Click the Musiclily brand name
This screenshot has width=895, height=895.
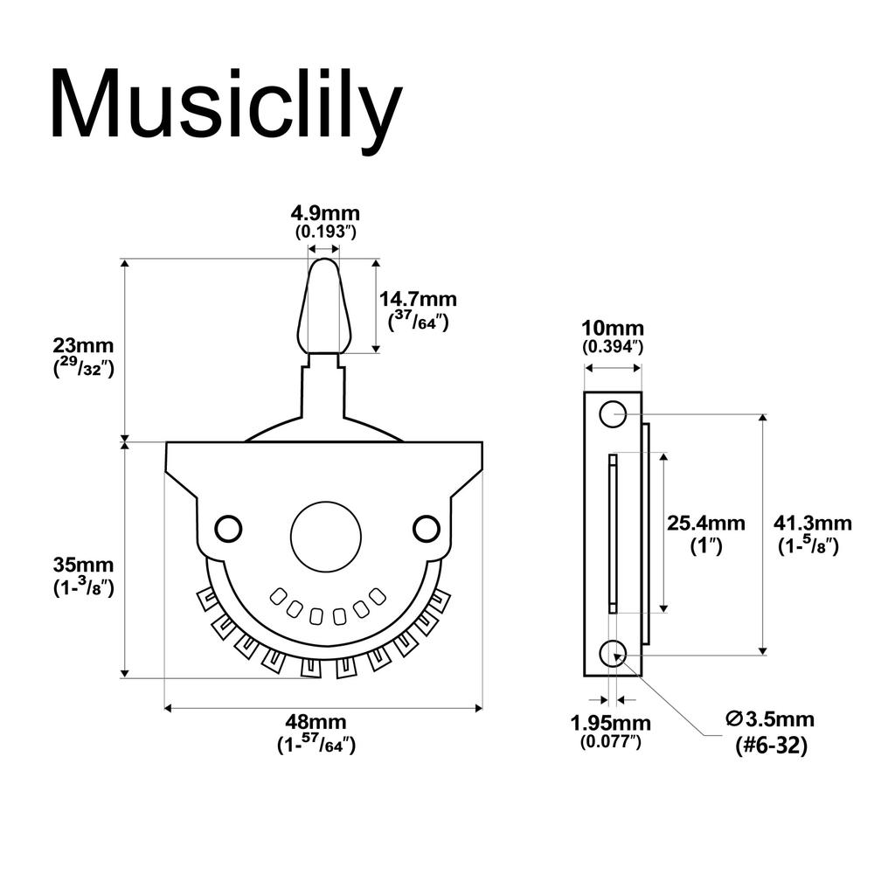click(225, 106)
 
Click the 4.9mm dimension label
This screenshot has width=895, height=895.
click(325, 214)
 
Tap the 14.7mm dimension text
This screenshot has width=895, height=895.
click(418, 300)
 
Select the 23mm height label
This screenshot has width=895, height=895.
click(83, 347)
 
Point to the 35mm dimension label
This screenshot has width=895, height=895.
click(83, 565)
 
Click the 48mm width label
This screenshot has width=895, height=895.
click(316, 723)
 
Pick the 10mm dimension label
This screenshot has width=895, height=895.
click(614, 329)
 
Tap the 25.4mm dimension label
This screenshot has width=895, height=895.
click(706, 524)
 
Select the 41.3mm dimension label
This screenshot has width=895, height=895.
click(813, 524)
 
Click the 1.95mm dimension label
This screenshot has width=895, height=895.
click(610, 724)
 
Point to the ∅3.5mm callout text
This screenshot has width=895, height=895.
click(769, 719)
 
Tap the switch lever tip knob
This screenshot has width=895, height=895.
click(323, 302)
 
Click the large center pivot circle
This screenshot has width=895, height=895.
click(326, 537)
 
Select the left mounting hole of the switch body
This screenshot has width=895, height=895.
click(228, 528)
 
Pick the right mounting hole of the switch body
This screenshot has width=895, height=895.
click(427, 527)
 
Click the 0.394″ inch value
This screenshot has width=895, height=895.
click(614, 347)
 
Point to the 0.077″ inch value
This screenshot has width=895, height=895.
click(610, 742)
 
